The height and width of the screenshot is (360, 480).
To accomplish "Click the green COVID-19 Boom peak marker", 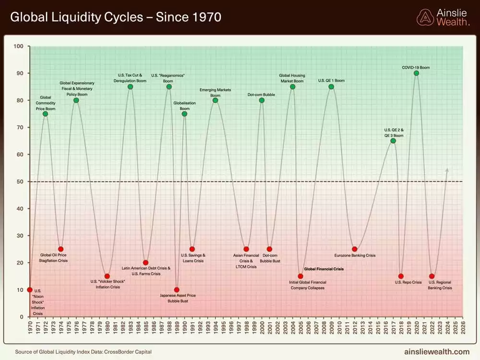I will (x=416, y=73).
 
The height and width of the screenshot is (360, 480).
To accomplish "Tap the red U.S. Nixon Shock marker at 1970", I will (x=30, y=289).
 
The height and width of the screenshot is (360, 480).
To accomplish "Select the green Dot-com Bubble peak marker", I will (x=262, y=100).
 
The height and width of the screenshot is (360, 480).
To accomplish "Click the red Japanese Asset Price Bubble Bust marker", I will (x=177, y=289).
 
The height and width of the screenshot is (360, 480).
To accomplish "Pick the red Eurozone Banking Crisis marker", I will (x=354, y=249).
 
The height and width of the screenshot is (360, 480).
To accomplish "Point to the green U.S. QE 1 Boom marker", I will (x=331, y=86).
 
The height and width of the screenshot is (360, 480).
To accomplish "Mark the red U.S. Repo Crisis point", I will (x=401, y=276).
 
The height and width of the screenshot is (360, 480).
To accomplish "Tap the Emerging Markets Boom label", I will (x=215, y=93).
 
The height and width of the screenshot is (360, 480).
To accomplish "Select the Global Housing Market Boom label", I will (x=292, y=78).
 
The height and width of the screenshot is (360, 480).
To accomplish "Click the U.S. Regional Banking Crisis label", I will (x=440, y=285).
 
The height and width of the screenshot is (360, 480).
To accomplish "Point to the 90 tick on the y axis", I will (x=19, y=73).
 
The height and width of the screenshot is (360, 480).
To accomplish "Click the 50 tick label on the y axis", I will (x=19, y=181).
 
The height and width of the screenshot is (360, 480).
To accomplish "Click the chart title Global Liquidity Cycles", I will (x=116, y=18).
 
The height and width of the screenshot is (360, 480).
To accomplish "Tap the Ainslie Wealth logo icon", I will (x=424, y=17).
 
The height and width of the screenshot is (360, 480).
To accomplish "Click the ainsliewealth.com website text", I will (x=437, y=351).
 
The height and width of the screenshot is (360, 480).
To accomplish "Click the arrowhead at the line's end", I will (x=447, y=169).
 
